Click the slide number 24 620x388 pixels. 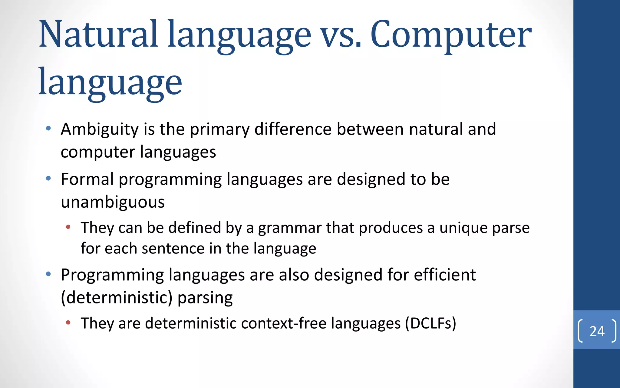(597, 331)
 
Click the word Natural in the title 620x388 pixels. (98, 34)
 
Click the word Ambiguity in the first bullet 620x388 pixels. (100, 129)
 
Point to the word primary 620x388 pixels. (219, 129)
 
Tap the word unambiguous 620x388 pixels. (113, 202)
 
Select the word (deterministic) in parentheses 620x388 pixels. (117, 298)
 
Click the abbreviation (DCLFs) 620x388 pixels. (430, 323)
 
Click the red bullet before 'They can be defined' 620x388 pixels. (68, 227)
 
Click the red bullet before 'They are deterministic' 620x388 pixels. (68, 323)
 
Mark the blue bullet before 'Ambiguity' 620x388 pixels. (48, 129)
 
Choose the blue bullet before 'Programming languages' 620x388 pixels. (48, 274)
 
